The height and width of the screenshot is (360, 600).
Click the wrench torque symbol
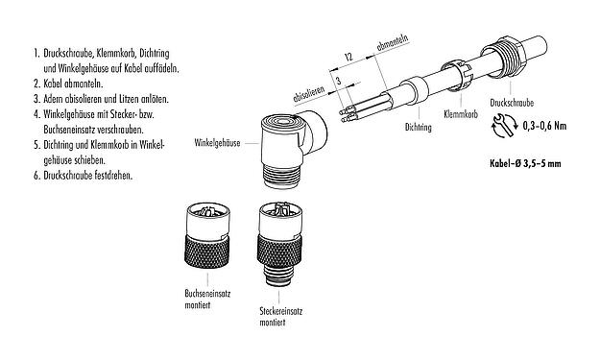tap(499, 125)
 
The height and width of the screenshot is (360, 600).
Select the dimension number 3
tap(337, 86)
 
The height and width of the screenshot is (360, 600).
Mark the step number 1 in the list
tap(35, 53)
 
